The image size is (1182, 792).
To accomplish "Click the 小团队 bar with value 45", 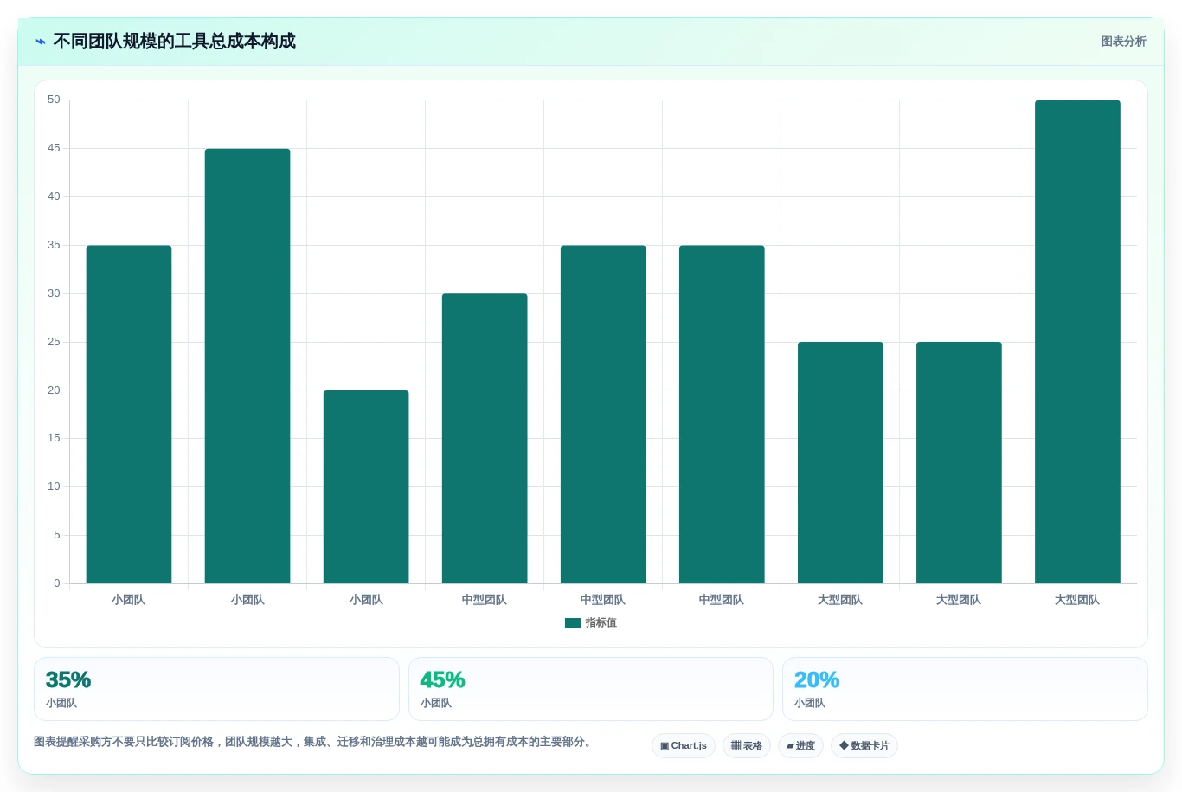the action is pos(247,366).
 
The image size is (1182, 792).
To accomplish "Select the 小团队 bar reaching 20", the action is pos(366,486).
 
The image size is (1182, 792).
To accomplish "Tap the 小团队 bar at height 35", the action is pos(129,415).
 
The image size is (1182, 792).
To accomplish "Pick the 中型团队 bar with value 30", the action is pos(485,438).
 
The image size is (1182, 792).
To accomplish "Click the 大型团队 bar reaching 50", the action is pos(1077,342).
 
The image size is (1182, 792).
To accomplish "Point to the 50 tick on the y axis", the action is pos(54,100).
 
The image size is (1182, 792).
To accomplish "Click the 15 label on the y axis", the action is pos(54,438).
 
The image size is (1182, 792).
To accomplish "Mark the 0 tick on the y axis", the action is pos(57,583).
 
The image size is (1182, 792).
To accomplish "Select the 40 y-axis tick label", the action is pos(54,196).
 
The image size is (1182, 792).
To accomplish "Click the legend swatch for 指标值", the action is pos(573,623).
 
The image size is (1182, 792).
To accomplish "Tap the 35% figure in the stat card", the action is pos(68,679).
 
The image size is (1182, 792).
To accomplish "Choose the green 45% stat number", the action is pos(442,679).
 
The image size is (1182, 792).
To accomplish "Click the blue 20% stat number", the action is pos(817,679).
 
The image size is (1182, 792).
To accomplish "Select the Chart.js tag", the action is pos(684,745).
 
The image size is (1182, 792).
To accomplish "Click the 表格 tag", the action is pos(746,745).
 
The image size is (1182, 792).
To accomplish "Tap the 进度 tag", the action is pos(800,745).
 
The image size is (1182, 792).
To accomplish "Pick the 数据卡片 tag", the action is pos(864,745).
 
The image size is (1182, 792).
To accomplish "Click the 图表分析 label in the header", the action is pos(1123,42).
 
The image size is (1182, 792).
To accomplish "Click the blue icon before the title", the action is pos(41,42).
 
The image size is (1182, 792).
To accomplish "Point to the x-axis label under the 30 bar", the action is pos(485,600).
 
